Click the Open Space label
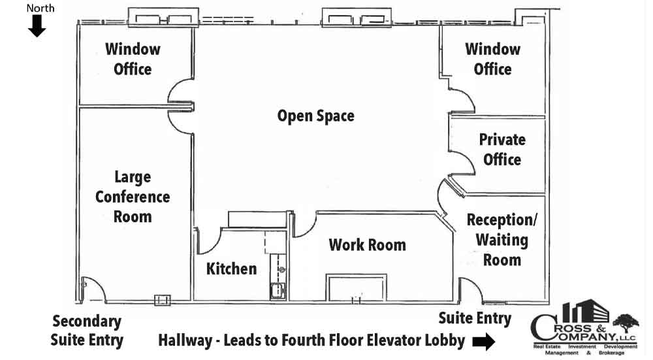click(315, 116)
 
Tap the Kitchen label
click(232, 269)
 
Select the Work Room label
click(367, 244)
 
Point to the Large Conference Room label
click(133, 197)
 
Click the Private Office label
click(502, 149)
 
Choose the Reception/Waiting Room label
click(502, 240)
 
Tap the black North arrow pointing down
click(37, 26)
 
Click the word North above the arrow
click(40, 8)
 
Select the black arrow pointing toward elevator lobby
click(483, 342)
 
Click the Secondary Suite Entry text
click(87, 331)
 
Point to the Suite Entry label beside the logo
click(475, 318)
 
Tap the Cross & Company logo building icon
click(585, 311)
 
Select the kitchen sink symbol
click(278, 290)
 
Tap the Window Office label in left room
click(133, 59)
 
